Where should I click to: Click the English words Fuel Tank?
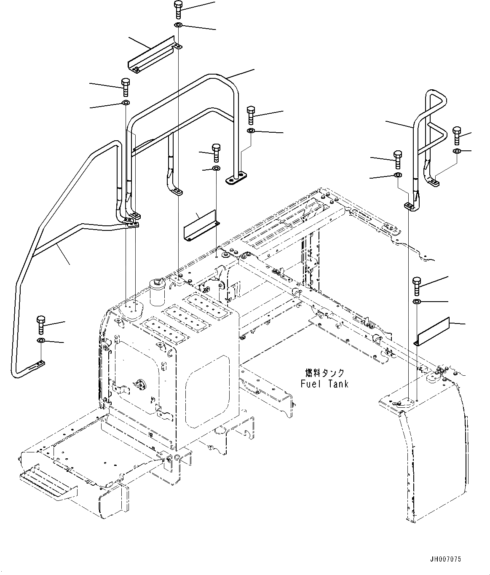324,384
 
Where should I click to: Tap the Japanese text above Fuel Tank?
324,373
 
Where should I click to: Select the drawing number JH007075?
445,559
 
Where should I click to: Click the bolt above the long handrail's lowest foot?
41,325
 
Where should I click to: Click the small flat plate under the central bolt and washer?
200,226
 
